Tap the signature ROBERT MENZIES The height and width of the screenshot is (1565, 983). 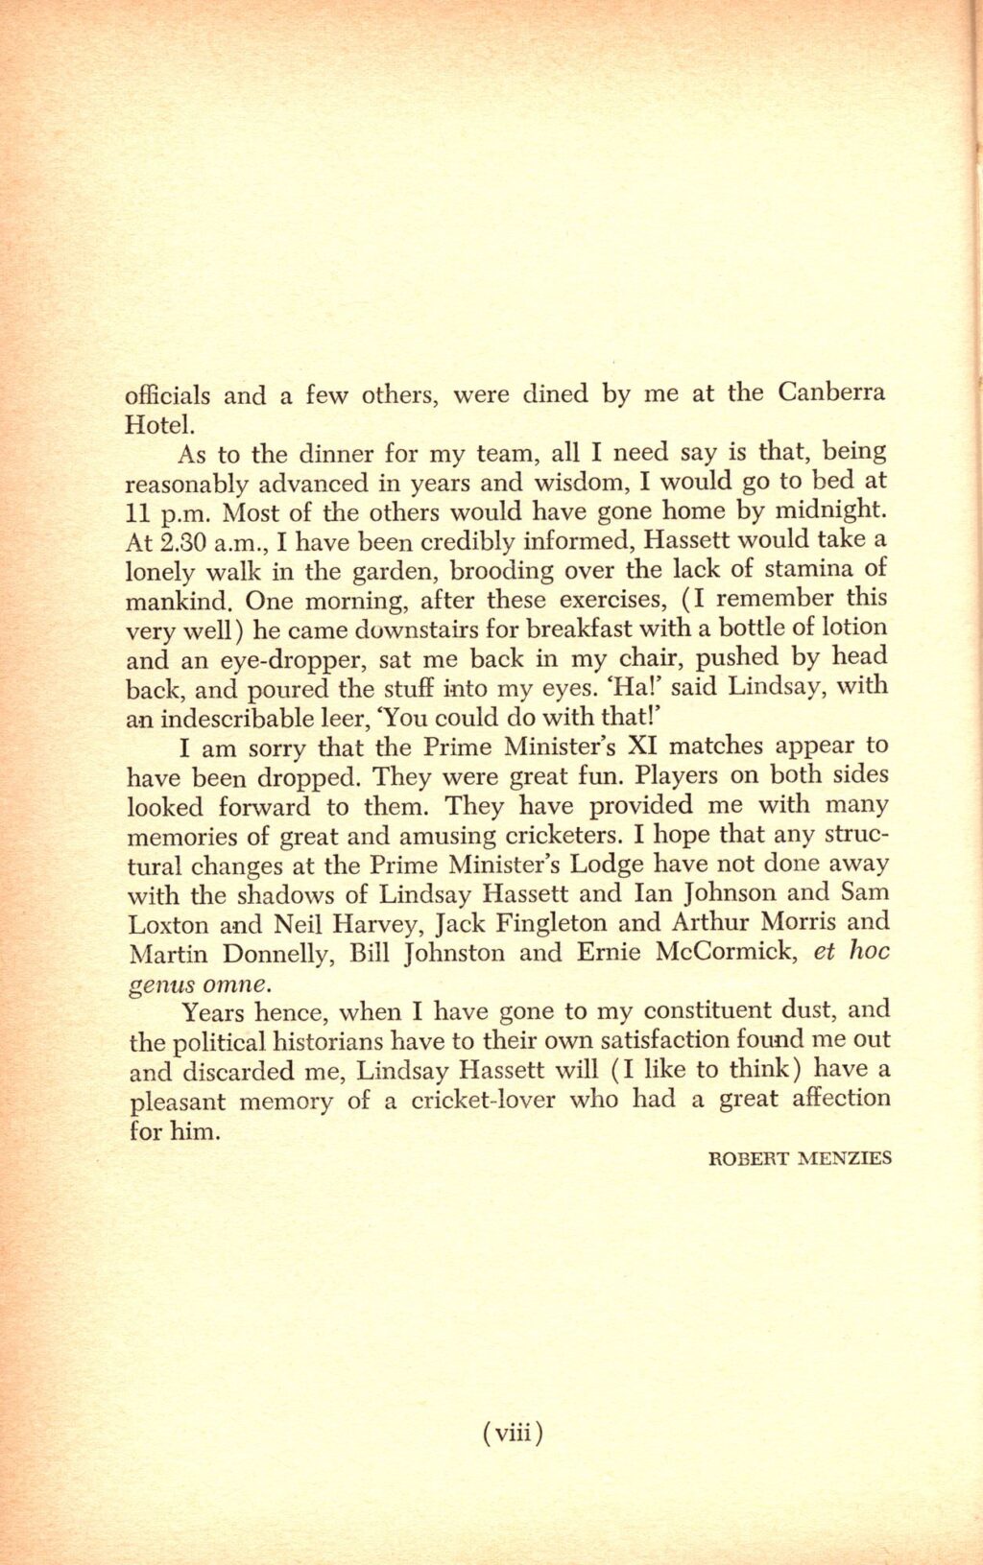click(x=799, y=1158)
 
